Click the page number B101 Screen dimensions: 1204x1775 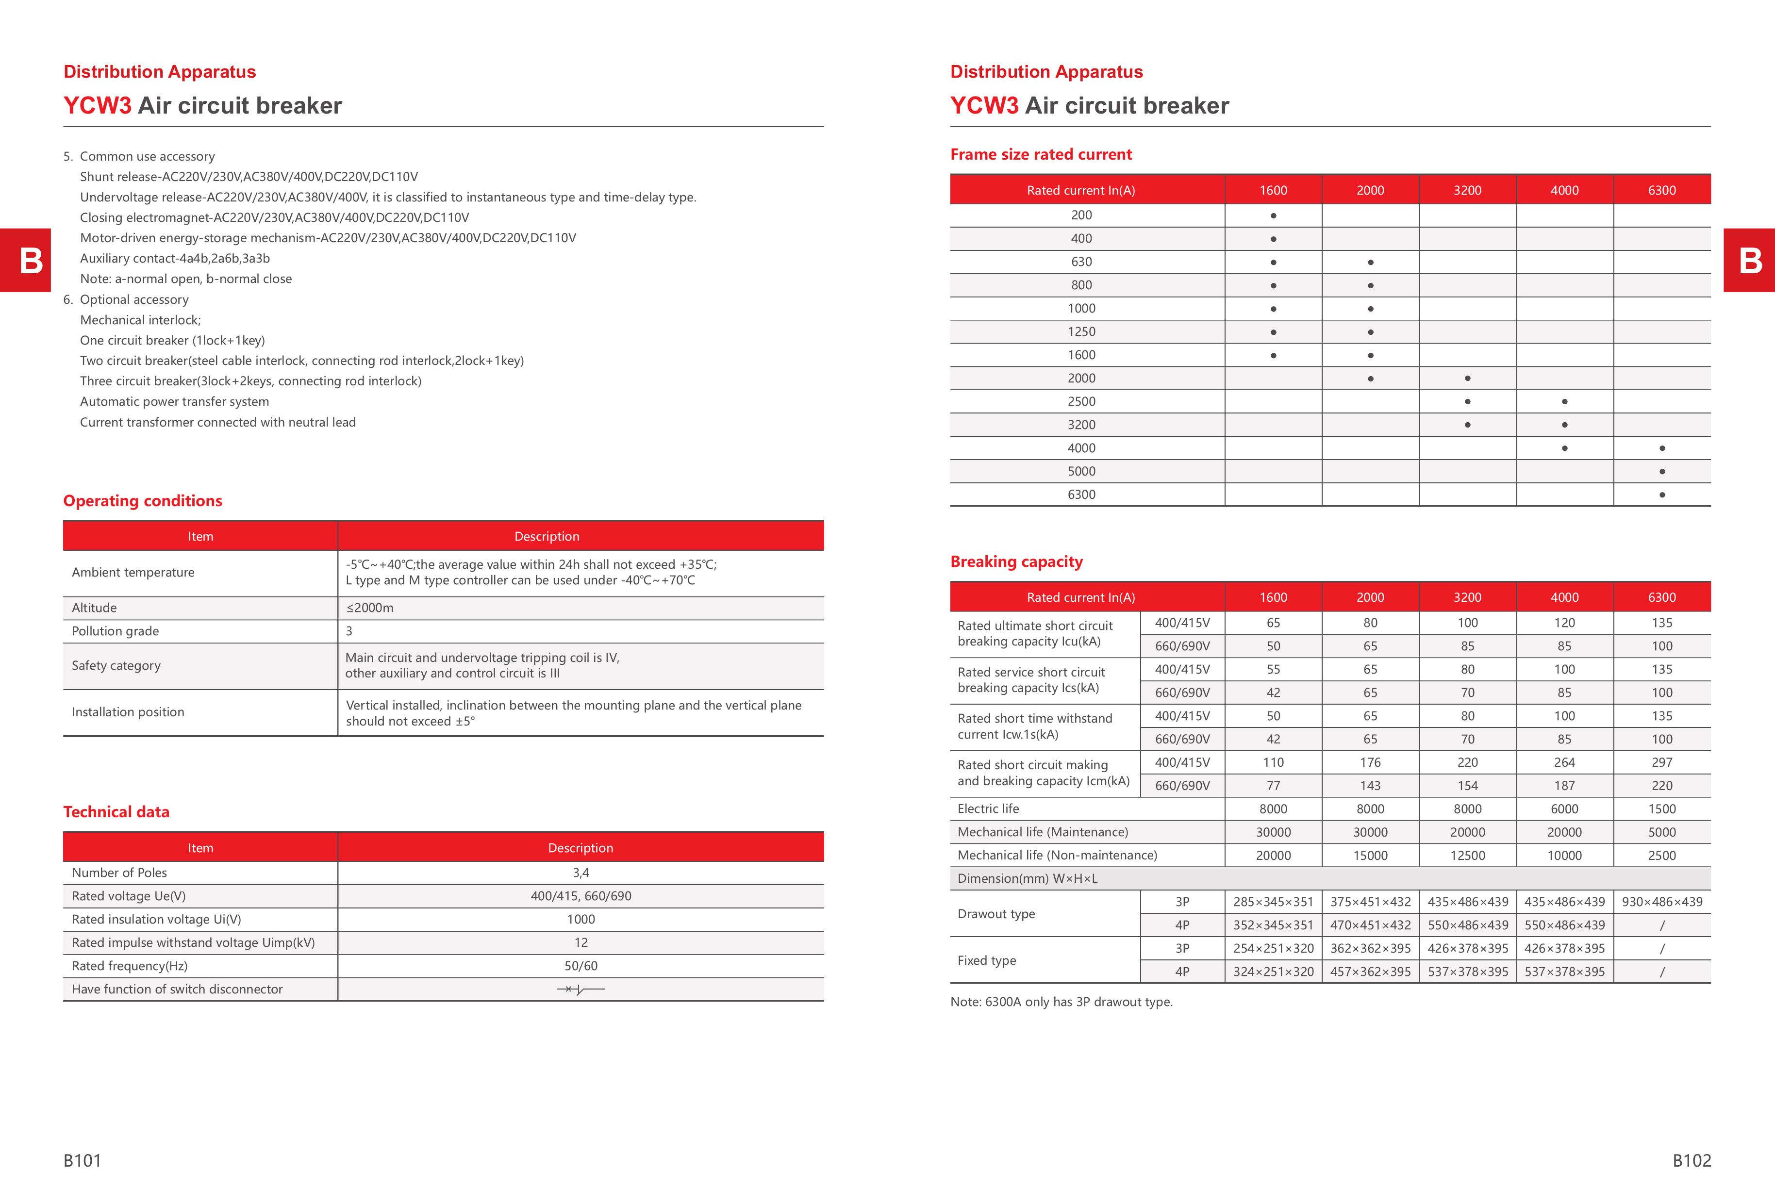[x=83, y=1160]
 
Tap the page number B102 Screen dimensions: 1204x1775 [x=1691, y=1160]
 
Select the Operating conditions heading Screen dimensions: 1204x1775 [x=143, y=501]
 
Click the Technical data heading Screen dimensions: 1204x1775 [x=116, y=811]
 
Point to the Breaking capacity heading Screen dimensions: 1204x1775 [x=1016, y=562]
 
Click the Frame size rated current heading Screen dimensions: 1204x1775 [x=1040, y=154]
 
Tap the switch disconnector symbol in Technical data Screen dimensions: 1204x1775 [x=581, y=990]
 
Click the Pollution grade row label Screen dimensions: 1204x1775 [x=116, y=630]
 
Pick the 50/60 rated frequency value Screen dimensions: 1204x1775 [x=581, y=966]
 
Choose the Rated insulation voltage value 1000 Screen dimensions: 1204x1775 [x=581, y=919]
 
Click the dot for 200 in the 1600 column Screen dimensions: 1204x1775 [x=1273, y=216]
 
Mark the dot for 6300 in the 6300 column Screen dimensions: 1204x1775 [x=1662, y=495]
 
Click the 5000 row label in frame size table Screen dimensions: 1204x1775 [x=1081, y=471]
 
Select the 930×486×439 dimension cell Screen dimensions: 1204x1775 [x=1662, y=902]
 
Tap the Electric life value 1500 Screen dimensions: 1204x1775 [x=1662, y=808]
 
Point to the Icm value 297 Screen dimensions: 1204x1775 [x=1662, y=762]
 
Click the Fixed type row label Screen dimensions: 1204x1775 [x=987, y=960]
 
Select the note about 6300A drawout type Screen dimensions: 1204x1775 [x=1061, y=1002]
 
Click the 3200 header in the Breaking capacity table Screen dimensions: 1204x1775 [x=1467, y=597]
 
